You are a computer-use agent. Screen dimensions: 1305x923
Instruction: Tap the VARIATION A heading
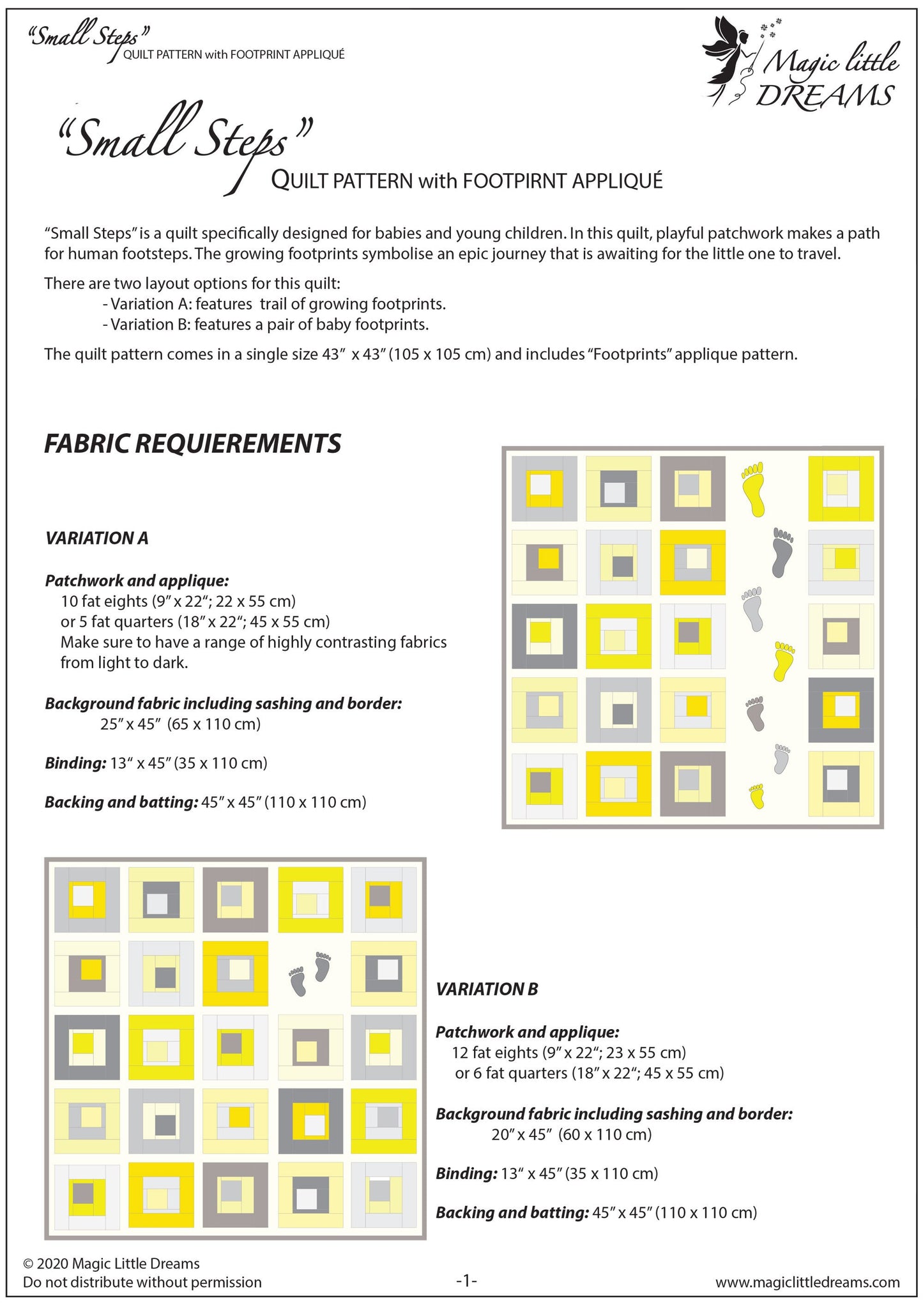pyautogui.click(x=96, y=538)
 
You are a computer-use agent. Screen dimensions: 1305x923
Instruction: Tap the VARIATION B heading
pyautogui.click(x=487, y=989)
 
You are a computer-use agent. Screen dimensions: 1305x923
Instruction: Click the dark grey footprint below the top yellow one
pyautogui.click(x=782, y=552)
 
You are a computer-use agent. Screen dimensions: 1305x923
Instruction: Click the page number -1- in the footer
pyautogui.click(x=466, y=1281)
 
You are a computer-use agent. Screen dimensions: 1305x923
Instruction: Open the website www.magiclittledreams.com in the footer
pyautogui.click(x=807, y=1282)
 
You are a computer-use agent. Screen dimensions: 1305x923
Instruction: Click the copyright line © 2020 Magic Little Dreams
pyautogui.click(x=111, y=1263)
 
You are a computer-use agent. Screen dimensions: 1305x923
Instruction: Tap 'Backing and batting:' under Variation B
pyautogui.click(x=512, y=1212)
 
